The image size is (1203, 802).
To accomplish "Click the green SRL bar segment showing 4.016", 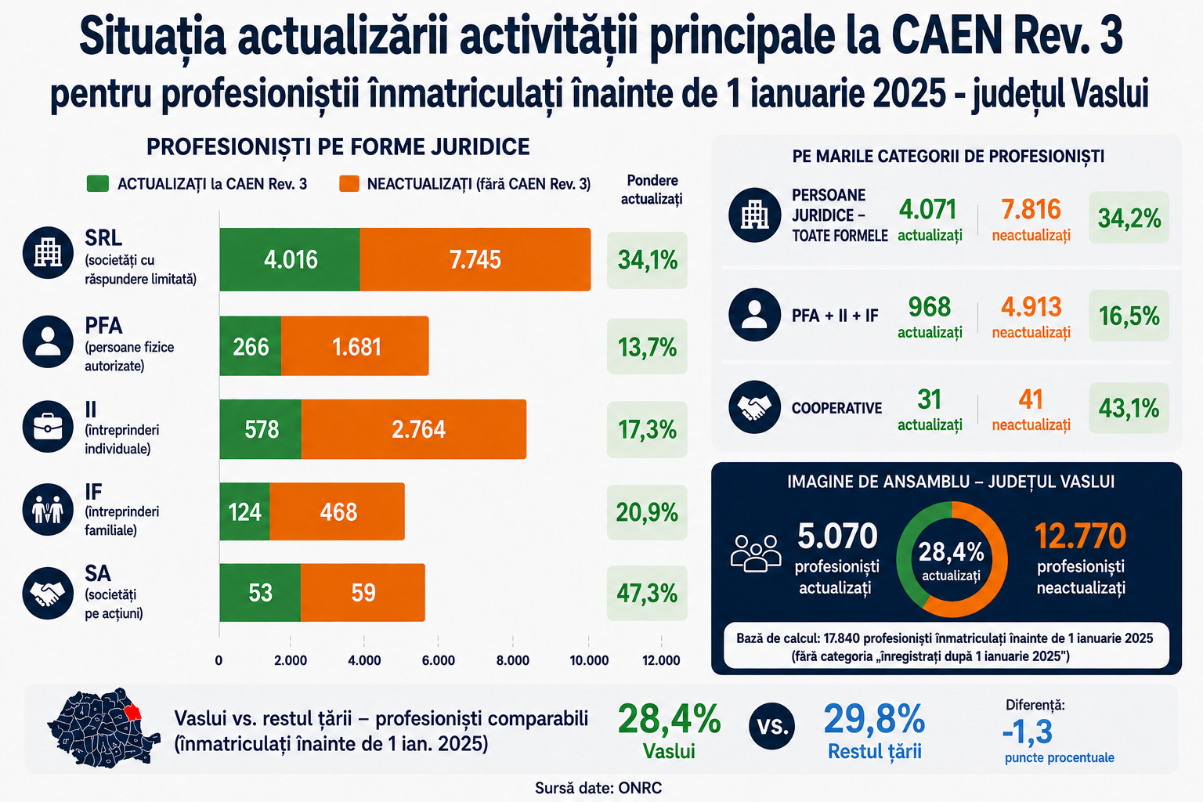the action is click(x=290, y=259).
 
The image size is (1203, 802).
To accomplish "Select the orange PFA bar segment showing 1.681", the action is click(x=355, y=346).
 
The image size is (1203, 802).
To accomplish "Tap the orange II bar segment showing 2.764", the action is click(x=414, y=429).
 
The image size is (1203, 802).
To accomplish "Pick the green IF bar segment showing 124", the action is click(x=245, y=511).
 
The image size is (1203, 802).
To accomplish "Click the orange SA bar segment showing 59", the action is click(x=363, y=593).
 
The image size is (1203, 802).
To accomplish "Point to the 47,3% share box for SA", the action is click(x=647, y=593).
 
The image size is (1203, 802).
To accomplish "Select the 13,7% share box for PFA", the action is click(x=647, y=346).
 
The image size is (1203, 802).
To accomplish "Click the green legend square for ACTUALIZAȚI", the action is click(x=98, y=184).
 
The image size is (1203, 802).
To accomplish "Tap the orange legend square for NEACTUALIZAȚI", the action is click(x=349, y=184).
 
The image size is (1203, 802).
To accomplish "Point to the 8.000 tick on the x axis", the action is click(x=513, y=660).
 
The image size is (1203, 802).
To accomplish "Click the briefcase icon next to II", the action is click(x=48, y=427).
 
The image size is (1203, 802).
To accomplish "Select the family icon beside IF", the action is click(x=48, y=509).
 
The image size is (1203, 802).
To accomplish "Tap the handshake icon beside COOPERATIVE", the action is click(x=754, y=407).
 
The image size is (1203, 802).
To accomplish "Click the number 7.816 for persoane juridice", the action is click(x=1031, y=209).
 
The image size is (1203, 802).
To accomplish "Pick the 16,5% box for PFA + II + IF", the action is click(x=1129, y=316).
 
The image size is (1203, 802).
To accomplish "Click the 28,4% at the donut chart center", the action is click(x=952, y=551).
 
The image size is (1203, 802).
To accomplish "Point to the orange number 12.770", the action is click(x=1080, y=536).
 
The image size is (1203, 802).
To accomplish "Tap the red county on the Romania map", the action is click(x=132, y=712).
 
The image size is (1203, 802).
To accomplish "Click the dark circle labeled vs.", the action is click(x=771, y=726).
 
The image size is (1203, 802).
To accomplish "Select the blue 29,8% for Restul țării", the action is click(x=874, y=719).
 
